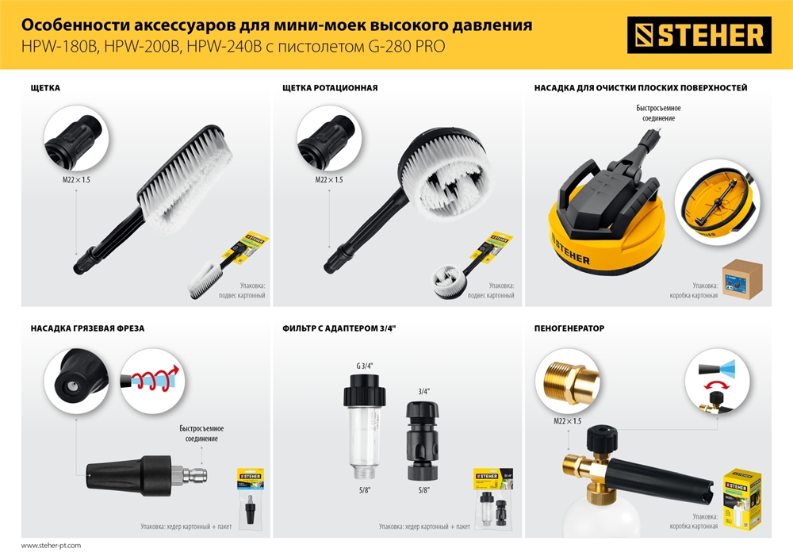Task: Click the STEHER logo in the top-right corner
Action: (699, 35)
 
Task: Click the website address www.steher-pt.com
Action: (51, 546)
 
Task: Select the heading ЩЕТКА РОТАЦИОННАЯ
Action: (330, 88)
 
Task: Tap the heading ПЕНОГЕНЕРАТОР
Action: (569, 327)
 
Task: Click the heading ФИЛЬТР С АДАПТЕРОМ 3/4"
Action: (339, 327)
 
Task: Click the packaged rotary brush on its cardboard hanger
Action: (469, 266)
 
